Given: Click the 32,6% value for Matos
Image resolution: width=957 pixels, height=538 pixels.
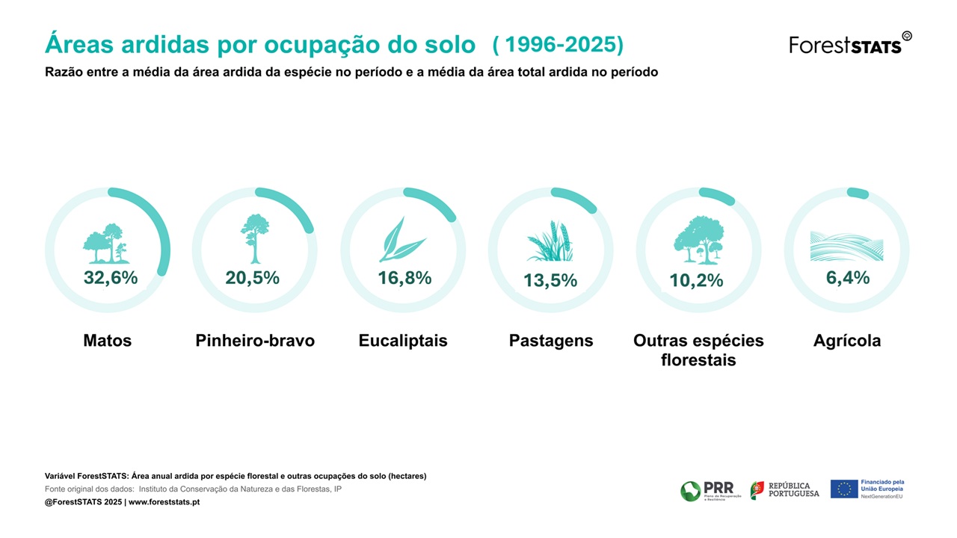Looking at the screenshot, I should point(111,278).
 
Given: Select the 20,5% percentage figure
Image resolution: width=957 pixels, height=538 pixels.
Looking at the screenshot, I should point(252,278).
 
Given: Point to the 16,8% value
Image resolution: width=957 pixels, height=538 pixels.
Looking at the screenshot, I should point(404,278).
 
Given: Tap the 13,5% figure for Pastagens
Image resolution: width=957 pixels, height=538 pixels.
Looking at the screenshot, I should point(550,281).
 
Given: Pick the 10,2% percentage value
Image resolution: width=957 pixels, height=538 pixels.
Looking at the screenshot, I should point(696,281).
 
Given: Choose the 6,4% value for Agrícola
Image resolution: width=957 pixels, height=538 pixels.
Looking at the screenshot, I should point(848,278).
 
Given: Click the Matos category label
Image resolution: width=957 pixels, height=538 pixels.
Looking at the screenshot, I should point(107,341).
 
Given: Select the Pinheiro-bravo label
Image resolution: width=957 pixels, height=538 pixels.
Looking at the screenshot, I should point(255,341).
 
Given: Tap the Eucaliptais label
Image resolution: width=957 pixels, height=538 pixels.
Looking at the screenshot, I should point(403,341).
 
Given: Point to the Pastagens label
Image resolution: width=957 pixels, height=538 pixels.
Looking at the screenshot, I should point(551,341).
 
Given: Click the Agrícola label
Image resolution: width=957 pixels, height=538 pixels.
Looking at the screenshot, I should point(847,341).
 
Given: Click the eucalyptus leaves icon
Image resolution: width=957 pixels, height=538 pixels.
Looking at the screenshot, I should point(402,240).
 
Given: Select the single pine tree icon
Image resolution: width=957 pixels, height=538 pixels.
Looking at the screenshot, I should point(255,238).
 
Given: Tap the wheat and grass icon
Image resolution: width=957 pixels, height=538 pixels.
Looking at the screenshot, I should point(550,241).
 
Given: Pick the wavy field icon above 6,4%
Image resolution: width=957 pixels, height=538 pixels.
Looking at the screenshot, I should point(846,246).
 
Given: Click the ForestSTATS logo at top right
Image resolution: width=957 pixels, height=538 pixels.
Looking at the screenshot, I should point(850,43).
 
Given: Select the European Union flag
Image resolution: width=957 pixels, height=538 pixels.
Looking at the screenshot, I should point(844,489).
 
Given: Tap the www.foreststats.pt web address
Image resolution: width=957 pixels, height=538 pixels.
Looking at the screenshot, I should point(164,502).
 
